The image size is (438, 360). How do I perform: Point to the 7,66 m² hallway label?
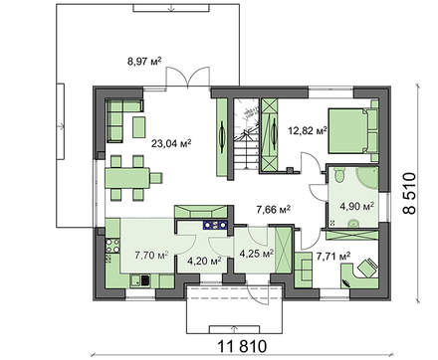click(272, 210)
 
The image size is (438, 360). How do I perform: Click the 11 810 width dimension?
click(239, 347)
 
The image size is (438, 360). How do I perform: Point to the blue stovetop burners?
click(214, 226)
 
